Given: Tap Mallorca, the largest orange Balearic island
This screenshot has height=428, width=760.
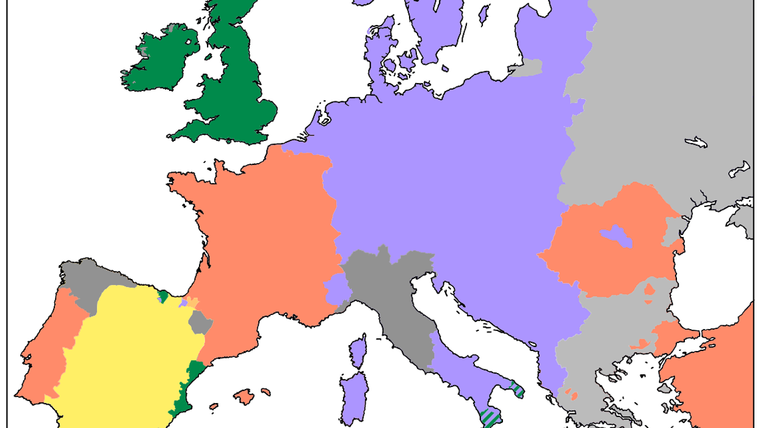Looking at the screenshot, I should tap(245, 397).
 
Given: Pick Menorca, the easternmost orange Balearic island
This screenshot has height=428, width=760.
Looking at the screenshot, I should tap(265, 391).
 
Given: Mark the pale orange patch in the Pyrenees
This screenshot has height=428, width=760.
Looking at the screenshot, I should tap(193, 302).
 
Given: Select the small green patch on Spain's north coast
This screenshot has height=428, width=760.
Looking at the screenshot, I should tap(163, 297).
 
